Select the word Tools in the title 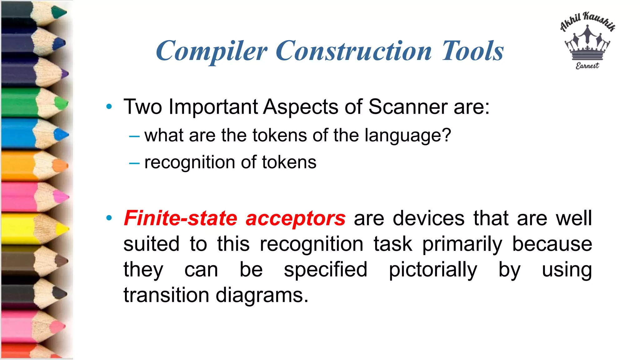pos(472,51)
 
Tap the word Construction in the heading pos(353,51)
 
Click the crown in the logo pos(587,44)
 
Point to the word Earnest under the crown pos(587,66)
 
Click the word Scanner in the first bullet pos(408,107)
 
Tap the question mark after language pos(447,135)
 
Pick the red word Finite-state pos(181,218)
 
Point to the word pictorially pos(433,270)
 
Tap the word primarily pos(462,244)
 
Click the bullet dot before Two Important pos(109,107)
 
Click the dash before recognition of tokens pos(134,163)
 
